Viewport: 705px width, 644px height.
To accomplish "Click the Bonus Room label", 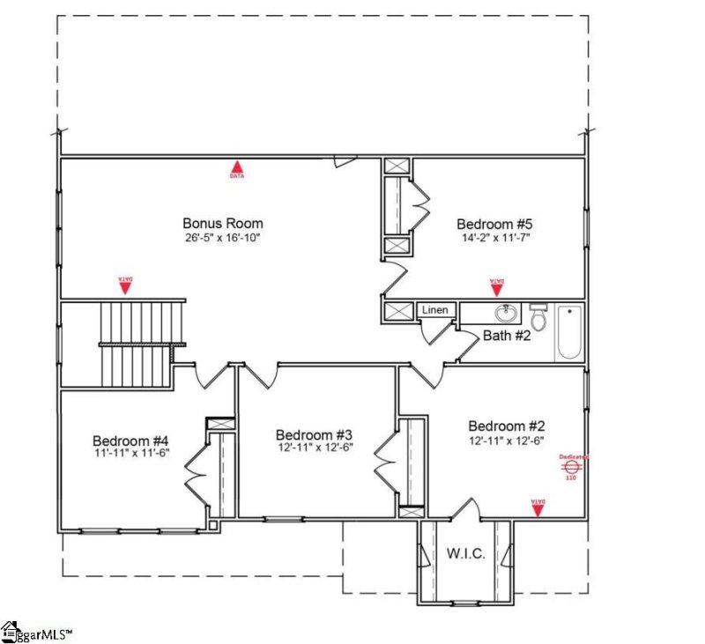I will click(222, 224).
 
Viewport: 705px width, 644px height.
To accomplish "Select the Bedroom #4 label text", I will click(130, 440).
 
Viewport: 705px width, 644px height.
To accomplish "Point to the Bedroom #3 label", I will click(314, 435).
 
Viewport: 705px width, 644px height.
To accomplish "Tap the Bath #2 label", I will click(506, 336).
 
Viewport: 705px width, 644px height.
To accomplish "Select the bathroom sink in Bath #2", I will click(506, 314).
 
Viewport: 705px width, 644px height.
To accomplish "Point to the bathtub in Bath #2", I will click(568, 332).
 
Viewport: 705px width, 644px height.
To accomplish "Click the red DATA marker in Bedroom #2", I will click(538, 505).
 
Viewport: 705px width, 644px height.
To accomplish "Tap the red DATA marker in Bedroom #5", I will click(497, 285).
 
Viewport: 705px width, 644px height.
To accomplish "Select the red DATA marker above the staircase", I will click(125, 284).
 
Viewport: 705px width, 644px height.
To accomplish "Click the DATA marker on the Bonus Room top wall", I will click(237, 167).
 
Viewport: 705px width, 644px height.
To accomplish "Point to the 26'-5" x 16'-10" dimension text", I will click(222, 238).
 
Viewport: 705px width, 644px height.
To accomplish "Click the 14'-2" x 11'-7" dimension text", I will click(494, 238).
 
